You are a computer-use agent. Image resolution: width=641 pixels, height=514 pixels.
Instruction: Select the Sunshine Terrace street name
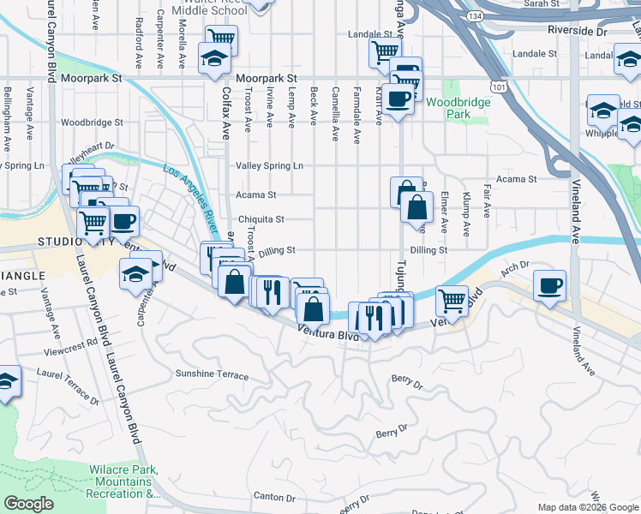coord(212,375)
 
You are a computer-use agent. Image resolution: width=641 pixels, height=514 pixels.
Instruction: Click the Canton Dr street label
coord(274,497)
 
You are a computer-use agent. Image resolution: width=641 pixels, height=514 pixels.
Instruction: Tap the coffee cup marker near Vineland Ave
coord(549,284)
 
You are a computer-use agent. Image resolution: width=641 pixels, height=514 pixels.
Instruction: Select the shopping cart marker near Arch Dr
coord(451,299)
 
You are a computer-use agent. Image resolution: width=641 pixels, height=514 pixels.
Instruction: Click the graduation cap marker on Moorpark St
coord(213,59)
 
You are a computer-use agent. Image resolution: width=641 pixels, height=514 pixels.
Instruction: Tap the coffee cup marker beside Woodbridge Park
coord(398,99)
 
